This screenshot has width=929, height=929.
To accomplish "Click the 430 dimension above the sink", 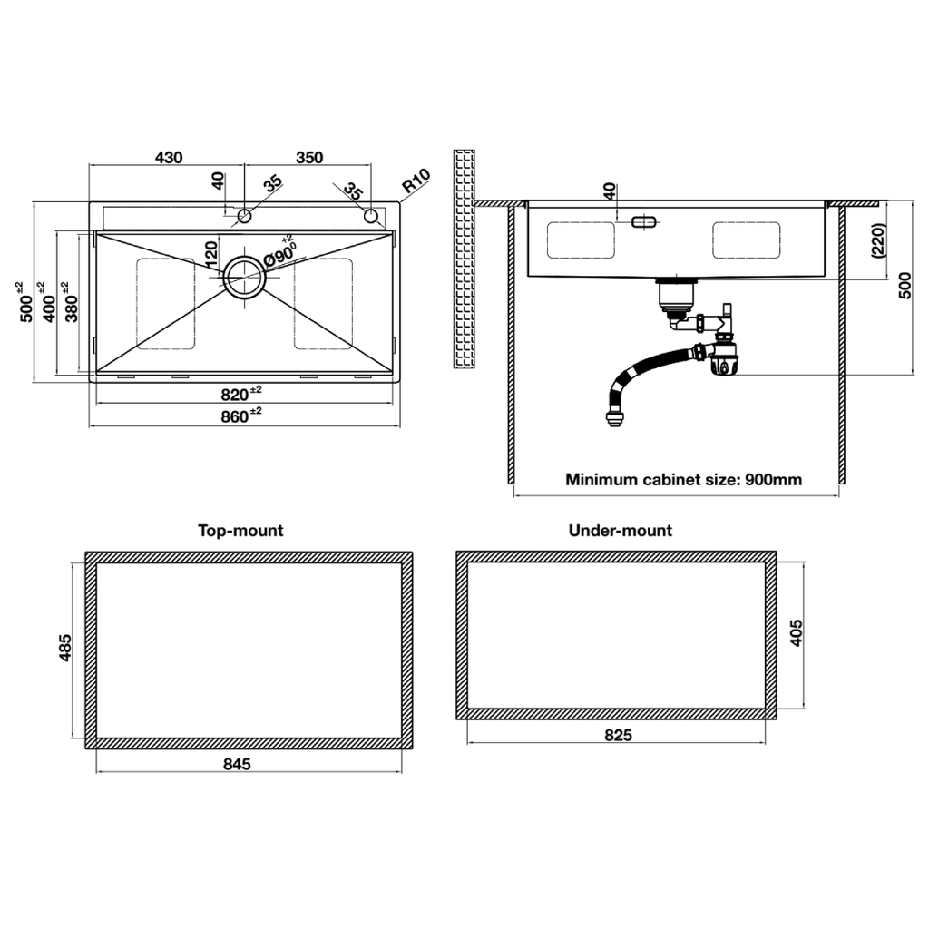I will click(x=169, y=157).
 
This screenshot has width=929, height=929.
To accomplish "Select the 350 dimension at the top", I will click(x=309, y=157).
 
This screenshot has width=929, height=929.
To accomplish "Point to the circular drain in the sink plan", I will click(x=244, y=277).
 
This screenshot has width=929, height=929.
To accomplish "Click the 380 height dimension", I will click(x=71, y=302).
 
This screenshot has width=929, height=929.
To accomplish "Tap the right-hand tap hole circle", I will click(x=371, y=216).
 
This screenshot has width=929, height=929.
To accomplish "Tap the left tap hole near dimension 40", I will click(x=244, y=216).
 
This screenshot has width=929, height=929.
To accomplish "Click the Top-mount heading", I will click(x=240, y=531).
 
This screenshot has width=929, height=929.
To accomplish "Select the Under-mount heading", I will click(x=620, y=531).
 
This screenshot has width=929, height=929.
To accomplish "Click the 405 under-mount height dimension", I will click(x=797, y=633).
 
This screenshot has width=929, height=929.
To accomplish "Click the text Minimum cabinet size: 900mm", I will click(x=683, y=480).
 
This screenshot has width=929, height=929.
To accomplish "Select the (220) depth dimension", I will click(x=878, y=242).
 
